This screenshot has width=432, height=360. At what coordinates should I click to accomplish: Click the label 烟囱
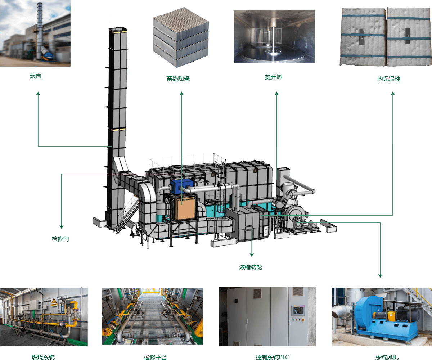coord(35,76)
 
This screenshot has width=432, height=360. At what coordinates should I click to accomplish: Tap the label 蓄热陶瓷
coord(178,78)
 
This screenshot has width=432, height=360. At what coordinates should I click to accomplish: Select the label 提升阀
coord(274,77)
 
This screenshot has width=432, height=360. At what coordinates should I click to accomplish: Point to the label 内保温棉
coord(389,78)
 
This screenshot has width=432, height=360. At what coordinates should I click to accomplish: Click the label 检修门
coord(60,239)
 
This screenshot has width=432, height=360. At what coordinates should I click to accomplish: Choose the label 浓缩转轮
coord(251,267)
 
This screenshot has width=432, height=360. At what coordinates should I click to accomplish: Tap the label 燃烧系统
coord(43,357)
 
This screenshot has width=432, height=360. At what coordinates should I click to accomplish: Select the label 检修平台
coord(155,357)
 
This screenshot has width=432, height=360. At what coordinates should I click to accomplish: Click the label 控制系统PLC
coord(272,357)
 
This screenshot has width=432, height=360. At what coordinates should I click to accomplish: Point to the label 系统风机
coord(387,357)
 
